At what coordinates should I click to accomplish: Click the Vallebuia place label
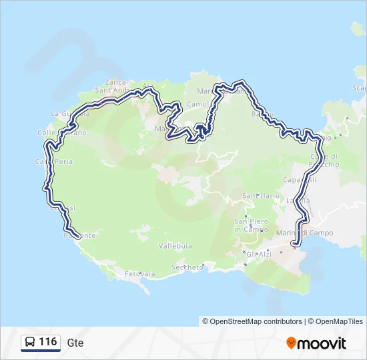click(175, 246)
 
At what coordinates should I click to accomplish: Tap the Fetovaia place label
click(140, 273)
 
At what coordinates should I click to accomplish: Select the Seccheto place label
click(187, 267)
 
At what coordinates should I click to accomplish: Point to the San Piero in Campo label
click(251, 225)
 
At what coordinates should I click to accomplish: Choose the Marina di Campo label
click(305, 233)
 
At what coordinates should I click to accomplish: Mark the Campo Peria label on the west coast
click(53, 161)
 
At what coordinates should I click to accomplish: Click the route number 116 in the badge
click(47, 342)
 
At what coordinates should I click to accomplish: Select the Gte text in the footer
click(75, 343)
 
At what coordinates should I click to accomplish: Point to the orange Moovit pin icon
click(292, 343)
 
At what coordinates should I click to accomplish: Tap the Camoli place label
click(199, 105)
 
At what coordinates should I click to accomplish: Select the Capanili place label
click(300, 180)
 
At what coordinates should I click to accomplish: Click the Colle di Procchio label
click(324, 159)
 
